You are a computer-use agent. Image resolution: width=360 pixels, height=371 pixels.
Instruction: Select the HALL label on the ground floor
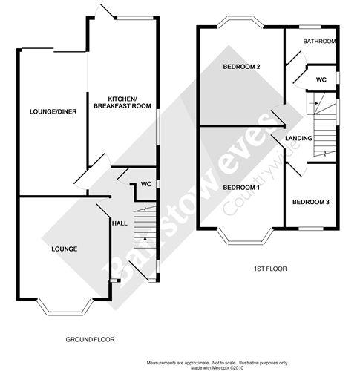(118, 222)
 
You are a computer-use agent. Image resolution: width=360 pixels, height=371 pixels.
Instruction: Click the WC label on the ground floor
(145, 184)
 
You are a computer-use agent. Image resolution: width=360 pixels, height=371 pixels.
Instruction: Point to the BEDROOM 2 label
(241, 67)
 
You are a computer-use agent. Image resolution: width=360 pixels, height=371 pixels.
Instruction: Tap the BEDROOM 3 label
(310, 202)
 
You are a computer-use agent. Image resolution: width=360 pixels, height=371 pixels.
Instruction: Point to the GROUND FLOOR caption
(89, 339)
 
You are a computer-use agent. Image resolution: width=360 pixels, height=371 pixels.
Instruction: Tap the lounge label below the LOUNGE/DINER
(65, 248)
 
